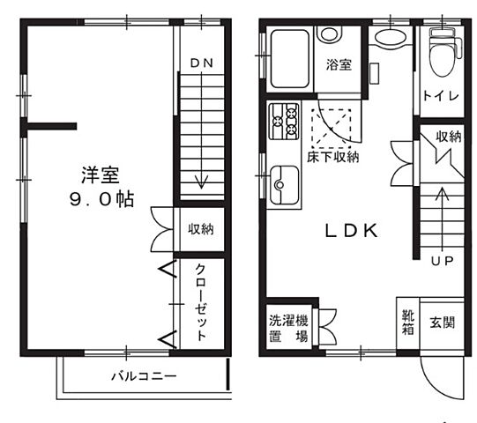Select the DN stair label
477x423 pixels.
(x=202, y=63)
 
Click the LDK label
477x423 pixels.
(x=352, y=232)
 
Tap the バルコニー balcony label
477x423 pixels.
(x=144, y=375)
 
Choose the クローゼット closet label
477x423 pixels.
(x=201, y=302)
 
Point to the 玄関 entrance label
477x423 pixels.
(x=442, y=323)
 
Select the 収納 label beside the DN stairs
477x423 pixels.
(x=200, y=229)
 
